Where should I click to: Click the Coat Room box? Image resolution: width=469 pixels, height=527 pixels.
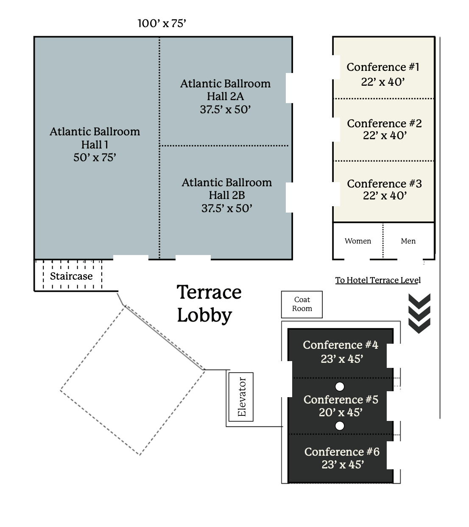(302, 304)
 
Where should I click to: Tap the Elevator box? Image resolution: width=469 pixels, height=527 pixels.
(241, 397)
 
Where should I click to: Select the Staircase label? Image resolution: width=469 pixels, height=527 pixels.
(71, 276)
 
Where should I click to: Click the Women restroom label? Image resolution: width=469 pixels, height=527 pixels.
(358, 241)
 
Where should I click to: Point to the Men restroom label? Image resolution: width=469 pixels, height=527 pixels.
(408, 241)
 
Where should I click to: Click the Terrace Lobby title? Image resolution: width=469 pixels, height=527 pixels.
(209, 303)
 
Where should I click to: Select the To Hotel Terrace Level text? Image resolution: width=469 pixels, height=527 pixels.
(378, 280)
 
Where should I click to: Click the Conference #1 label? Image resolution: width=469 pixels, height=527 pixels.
(383, 67)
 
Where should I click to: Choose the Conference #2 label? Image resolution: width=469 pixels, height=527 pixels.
(384, 123)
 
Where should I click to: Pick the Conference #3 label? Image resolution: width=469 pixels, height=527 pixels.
(384, 184)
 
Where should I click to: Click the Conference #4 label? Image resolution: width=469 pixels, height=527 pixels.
(341, 345)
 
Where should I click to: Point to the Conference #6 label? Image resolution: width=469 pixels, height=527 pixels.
(342, 452)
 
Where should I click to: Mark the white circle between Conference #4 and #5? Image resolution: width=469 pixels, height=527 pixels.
(340, 387)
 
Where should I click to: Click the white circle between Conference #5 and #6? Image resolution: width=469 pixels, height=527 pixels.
(340, 426)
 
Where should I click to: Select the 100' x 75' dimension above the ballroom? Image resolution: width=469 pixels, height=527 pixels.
(162, 23)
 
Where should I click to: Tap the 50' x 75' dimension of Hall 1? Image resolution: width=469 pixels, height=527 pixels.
(95, 157)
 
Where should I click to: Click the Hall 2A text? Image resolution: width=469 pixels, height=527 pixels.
(225, 96)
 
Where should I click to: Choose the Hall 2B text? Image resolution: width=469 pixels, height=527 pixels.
(227, 195)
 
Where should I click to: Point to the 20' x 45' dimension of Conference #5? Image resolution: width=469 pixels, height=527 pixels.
(341, 412)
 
